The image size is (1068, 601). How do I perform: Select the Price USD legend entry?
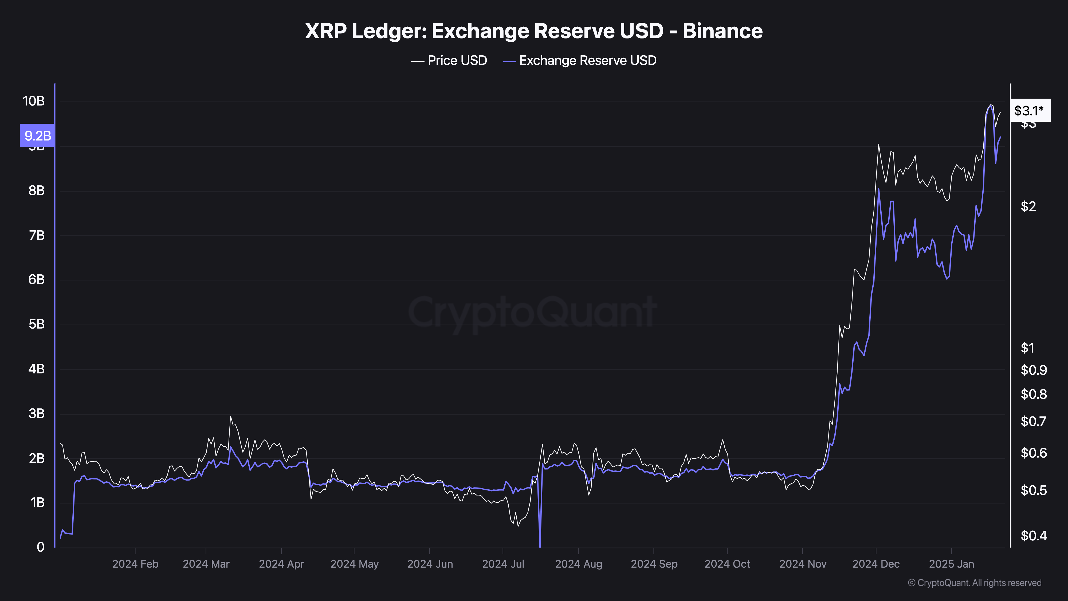457,61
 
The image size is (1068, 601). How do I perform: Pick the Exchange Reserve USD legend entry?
587,61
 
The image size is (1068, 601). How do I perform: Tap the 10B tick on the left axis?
34,101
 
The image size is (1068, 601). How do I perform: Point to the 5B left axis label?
37,324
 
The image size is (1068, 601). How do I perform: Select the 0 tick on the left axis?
40,547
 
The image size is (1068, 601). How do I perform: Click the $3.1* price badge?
1030,110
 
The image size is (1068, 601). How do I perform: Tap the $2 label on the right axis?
1028,206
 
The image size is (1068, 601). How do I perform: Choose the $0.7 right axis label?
1033,422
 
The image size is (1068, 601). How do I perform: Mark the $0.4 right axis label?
1033,536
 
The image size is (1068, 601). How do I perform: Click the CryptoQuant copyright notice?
974,583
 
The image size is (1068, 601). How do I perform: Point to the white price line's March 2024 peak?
230,416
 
